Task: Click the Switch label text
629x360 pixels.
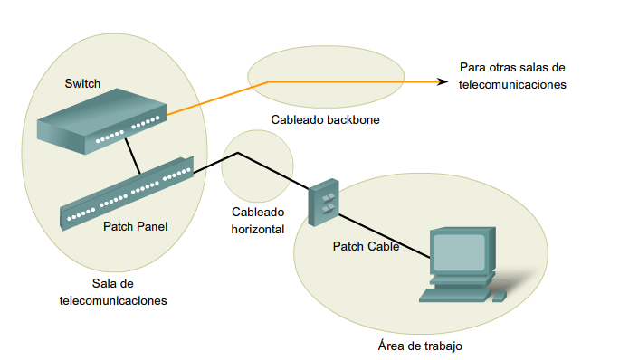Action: [82, 84]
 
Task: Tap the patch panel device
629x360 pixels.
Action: [127, 193]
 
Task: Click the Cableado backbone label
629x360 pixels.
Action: [324, 119]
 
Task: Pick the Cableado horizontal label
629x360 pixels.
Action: [258, 221]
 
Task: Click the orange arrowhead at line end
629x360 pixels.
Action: [443, 81]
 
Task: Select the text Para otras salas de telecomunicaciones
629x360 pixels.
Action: [512, 76]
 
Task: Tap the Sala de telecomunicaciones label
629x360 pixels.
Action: [107, 292]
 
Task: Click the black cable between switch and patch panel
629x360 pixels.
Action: [132, 159]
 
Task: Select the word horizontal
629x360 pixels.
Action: [258, 229]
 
